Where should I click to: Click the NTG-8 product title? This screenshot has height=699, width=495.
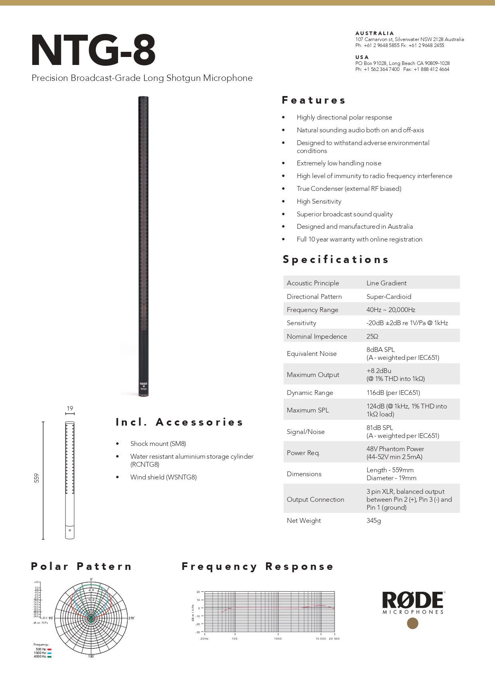coord(93,51)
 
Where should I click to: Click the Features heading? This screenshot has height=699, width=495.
coord(314,100)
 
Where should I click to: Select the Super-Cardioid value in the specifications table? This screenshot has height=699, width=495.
coord(389,296)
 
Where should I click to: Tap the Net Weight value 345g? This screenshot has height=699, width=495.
coord(373,520)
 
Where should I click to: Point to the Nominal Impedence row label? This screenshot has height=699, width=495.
coord(317,336)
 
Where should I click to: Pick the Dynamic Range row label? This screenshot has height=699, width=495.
coord(310,393)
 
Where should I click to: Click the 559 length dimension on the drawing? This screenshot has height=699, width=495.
coord(37,478)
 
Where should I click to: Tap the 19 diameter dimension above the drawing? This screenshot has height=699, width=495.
coord(70,408)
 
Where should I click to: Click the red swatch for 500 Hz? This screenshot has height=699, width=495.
coord(49,649)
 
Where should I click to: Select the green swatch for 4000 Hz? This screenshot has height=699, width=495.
coord(49,656)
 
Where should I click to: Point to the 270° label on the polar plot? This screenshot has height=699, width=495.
coord(131,618)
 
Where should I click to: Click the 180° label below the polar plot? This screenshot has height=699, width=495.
coord(91,656)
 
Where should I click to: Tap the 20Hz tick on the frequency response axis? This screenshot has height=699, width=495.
coord(204,638)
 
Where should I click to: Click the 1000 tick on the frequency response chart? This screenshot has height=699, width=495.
coord(278,638)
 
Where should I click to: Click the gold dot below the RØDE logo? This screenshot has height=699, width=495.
coord(412,623)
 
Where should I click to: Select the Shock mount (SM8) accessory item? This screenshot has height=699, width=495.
coord(158,444)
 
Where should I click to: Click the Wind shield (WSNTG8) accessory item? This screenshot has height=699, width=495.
coord(163,477)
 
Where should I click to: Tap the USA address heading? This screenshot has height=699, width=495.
coord(362,57)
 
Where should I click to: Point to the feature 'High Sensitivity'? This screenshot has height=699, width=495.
coord(319,202)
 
